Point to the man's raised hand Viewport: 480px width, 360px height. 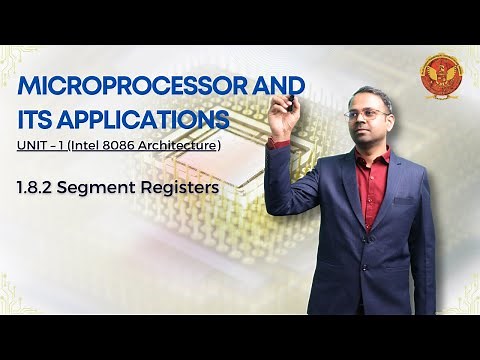[x=283, y=119]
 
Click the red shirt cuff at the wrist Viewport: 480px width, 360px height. [x=279, y=144]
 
